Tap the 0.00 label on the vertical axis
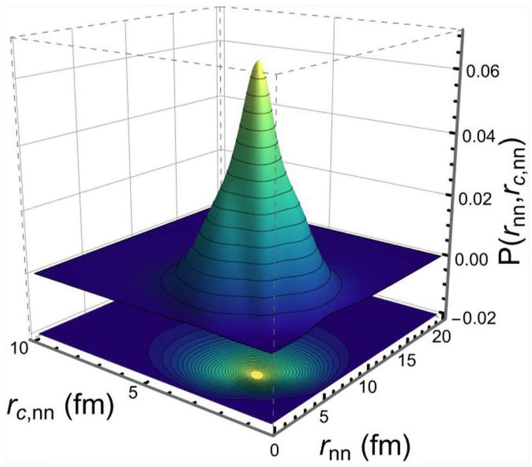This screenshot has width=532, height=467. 475,259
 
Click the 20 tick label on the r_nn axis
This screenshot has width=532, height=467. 441,338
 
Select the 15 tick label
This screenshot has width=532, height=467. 405,361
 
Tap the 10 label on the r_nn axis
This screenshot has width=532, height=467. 367,387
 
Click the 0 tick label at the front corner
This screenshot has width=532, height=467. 275,450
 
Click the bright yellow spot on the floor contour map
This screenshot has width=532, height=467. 256,375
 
